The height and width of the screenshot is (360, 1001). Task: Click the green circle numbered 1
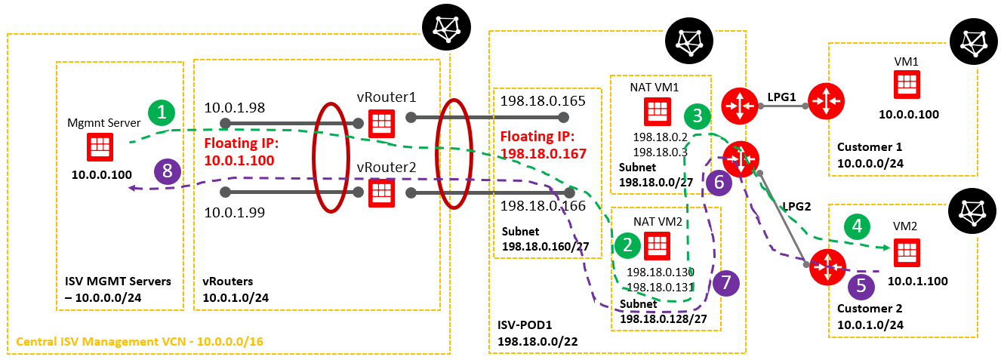(x=161, y=114)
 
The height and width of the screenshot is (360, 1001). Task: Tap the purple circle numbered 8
(x=168, y=171)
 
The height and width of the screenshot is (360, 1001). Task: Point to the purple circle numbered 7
(x=725, y=282)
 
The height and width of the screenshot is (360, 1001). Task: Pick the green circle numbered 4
(x=856, y=225)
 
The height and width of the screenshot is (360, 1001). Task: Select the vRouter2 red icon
(x=381, y=192)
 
